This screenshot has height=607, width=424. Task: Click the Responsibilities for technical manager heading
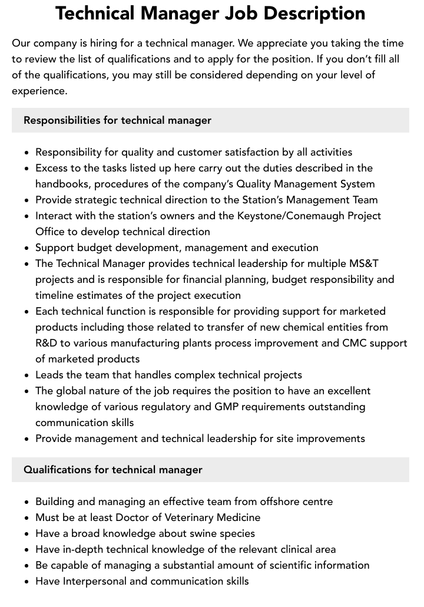(x=117, y=120)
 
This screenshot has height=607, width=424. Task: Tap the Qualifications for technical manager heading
(x=112, y=470)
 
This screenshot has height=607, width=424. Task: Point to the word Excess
(x=52, y=168)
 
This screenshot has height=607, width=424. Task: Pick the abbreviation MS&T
(x=363, y=263)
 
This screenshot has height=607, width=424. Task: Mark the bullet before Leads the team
(x=27, y=375)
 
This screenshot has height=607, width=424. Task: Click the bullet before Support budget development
(x=27, y=248)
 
